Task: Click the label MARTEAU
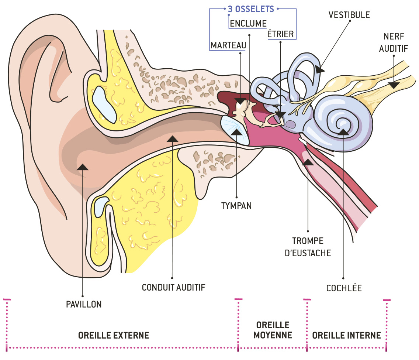pyautogui.click(x=228, y=45)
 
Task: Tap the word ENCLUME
pyautogui.click(x=248, y=24)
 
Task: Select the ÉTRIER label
pyautogui.click(x=280, y=34)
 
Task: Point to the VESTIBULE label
pyautogui.click(x=349, y=15)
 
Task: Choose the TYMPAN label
pyautogui.click(x=236, y=206)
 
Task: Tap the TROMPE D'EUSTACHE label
pyautogui.click(x=308, y=247)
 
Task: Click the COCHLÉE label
pyautogui.click(x=344, y=288)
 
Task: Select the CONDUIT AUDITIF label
pyautogui.click(x=173, y=287)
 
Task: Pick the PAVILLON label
pyautogui.click(x=83, y=304)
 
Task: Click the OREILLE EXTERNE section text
pyautogui.click(x=114, y=335)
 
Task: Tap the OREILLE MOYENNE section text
pyautogui.click(x=273, y=330)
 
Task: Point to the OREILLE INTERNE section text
pyautogui.click(x=346, y=335)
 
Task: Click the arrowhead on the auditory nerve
pyautogui.click(x=394, y=85)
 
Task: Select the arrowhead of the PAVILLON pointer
pyautogui.click(x=83, y=167)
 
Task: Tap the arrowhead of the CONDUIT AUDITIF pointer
pyautogui.click(x=173, y=138)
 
